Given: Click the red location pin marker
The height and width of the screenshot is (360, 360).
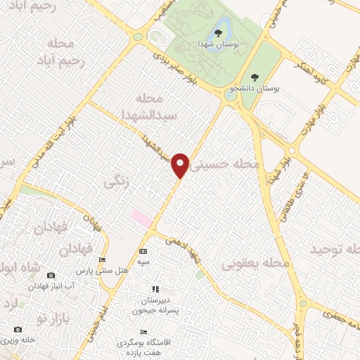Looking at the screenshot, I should coord(181,165).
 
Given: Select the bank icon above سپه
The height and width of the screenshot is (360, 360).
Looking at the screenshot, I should coord(143,251).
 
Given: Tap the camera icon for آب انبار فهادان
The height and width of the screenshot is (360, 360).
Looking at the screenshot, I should coord(51,275).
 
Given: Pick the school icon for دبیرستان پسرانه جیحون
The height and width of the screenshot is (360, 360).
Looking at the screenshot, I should coord(155,288).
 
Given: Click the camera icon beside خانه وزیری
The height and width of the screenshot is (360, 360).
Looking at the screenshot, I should coord(18,329).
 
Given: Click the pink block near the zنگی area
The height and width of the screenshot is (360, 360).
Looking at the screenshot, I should coord(142,218).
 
